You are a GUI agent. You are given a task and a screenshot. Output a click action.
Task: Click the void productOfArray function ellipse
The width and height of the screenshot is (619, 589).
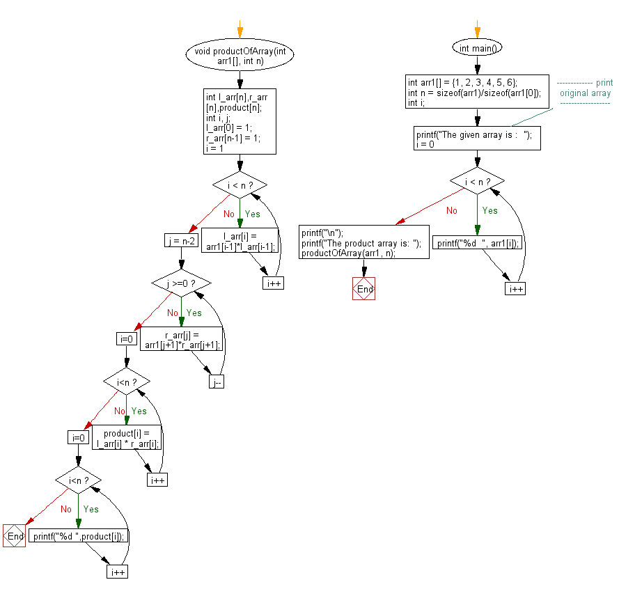tap(240, 56)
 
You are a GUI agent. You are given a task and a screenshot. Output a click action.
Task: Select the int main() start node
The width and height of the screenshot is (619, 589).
tap(477, 48)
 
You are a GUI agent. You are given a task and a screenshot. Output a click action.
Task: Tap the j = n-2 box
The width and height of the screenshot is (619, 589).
tap(180, 242)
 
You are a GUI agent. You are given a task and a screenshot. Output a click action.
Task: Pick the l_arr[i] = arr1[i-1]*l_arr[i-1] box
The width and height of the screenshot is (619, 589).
tap(240, 242)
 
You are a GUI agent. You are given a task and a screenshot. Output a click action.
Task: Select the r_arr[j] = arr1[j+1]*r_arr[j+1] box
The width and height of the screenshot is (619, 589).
tap(181, 340)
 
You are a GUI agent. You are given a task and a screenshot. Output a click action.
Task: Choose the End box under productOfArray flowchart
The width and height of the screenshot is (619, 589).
tap(15, 536)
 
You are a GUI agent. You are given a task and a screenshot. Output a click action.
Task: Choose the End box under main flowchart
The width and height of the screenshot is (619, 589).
tap(363, 288)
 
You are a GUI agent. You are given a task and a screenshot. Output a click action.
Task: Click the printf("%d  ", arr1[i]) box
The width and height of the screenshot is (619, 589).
tap(477, 242)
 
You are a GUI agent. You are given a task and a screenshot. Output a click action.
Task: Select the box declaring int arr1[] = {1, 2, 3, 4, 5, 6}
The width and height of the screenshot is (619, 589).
tap(477, 91)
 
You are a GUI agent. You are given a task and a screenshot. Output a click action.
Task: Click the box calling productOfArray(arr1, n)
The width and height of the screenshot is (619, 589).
tap(363, 243)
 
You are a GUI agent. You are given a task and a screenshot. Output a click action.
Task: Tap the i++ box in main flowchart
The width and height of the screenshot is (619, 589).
tap(515, 288)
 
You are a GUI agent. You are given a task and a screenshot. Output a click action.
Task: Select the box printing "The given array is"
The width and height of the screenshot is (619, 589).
tap(477, 139)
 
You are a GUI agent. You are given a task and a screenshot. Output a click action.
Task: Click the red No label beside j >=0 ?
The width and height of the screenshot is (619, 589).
tap(172, 313)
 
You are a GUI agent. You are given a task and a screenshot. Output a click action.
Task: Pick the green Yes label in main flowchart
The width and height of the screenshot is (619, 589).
tap(490, 210)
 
